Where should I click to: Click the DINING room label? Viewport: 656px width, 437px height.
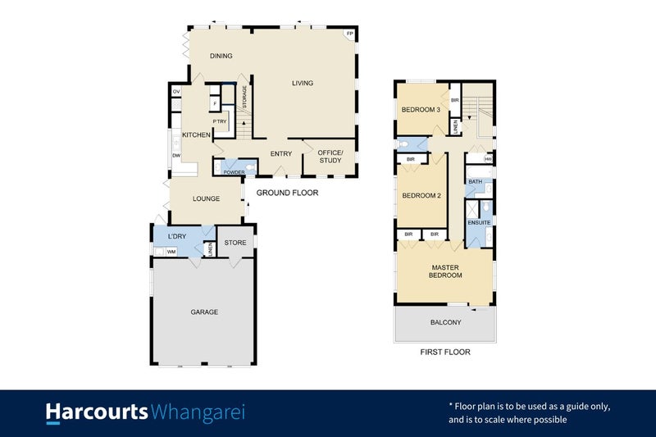[221, 57]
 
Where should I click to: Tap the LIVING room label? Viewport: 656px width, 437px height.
[303, 83]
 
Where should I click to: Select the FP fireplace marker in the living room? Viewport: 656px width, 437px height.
[349, 34]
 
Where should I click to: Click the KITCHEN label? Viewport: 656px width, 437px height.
[197, 134]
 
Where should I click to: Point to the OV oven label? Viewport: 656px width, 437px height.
[176, 91]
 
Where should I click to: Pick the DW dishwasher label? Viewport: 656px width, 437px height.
[176, 156]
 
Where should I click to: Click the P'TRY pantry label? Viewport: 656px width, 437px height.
[220, 122]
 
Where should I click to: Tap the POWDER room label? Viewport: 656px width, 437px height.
[235, 172]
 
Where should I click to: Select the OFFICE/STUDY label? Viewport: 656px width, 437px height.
[330, 157]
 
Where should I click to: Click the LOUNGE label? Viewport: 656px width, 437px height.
[206, 198]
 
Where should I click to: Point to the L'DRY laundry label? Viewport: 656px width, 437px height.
[178, 237]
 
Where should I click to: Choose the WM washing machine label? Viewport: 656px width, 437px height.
[171, 252]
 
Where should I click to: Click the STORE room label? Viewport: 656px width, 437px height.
[235, 243]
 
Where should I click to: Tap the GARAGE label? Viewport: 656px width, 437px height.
[204, 312]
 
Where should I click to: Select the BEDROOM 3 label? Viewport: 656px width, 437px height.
[421, 111]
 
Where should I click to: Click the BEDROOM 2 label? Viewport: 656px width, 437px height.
[421, 195]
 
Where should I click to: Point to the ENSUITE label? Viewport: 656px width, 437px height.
[479, 222]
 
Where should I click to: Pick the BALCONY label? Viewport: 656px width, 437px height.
[445, 323]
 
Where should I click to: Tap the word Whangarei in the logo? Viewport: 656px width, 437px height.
[198, 412]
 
